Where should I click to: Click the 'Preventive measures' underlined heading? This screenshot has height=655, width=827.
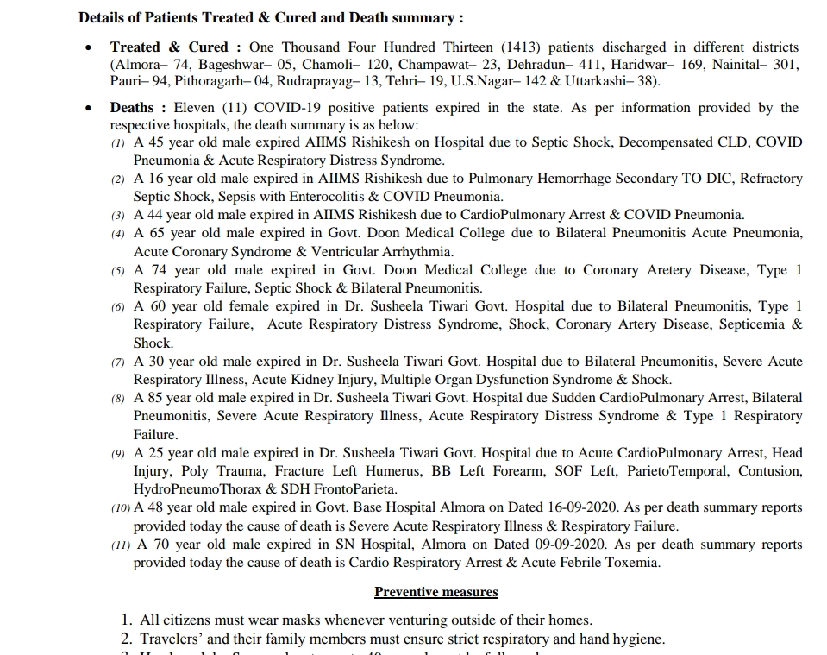click(x=435, y=592)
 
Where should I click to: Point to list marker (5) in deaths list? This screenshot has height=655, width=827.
click(x=118, y=271)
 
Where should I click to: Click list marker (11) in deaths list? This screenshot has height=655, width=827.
click(x=121, y=545)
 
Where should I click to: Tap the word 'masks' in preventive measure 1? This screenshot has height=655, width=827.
click(x=315, y=620)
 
